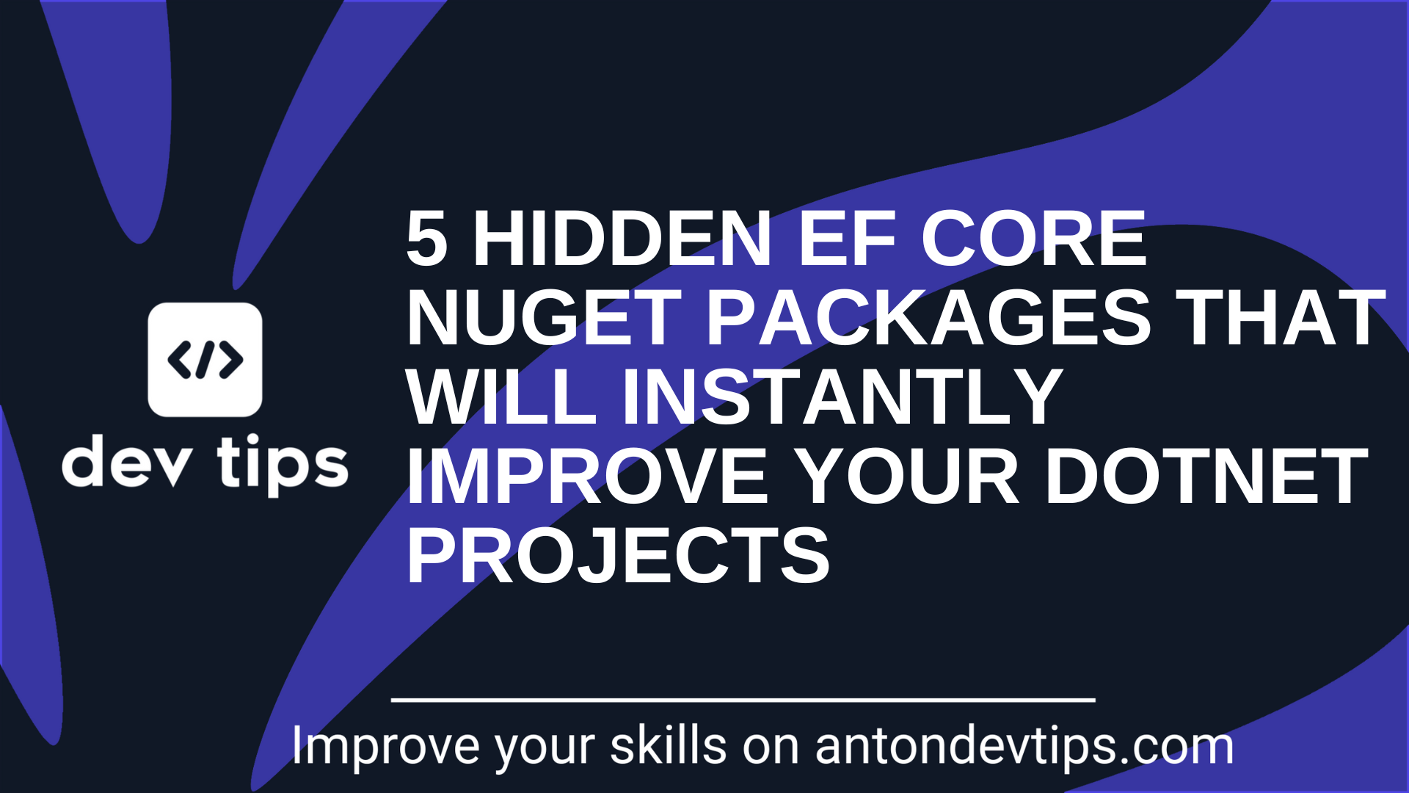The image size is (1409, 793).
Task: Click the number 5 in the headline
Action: coord(427,239)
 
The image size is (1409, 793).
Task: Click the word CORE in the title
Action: coord(1033,239)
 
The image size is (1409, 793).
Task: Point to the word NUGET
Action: coord(544,318)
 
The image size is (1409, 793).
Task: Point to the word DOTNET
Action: coord(1206,477)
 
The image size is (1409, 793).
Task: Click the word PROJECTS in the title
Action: coord(618,557)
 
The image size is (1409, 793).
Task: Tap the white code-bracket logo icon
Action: coord(205,360)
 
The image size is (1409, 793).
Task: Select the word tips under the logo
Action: coord(283,464)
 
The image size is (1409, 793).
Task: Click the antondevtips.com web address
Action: coord(1024,747)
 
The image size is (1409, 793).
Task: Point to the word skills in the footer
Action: coord(668,747)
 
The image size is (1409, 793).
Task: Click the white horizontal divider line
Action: coord(743,700)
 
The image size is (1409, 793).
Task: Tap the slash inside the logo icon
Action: coord(205,360)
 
